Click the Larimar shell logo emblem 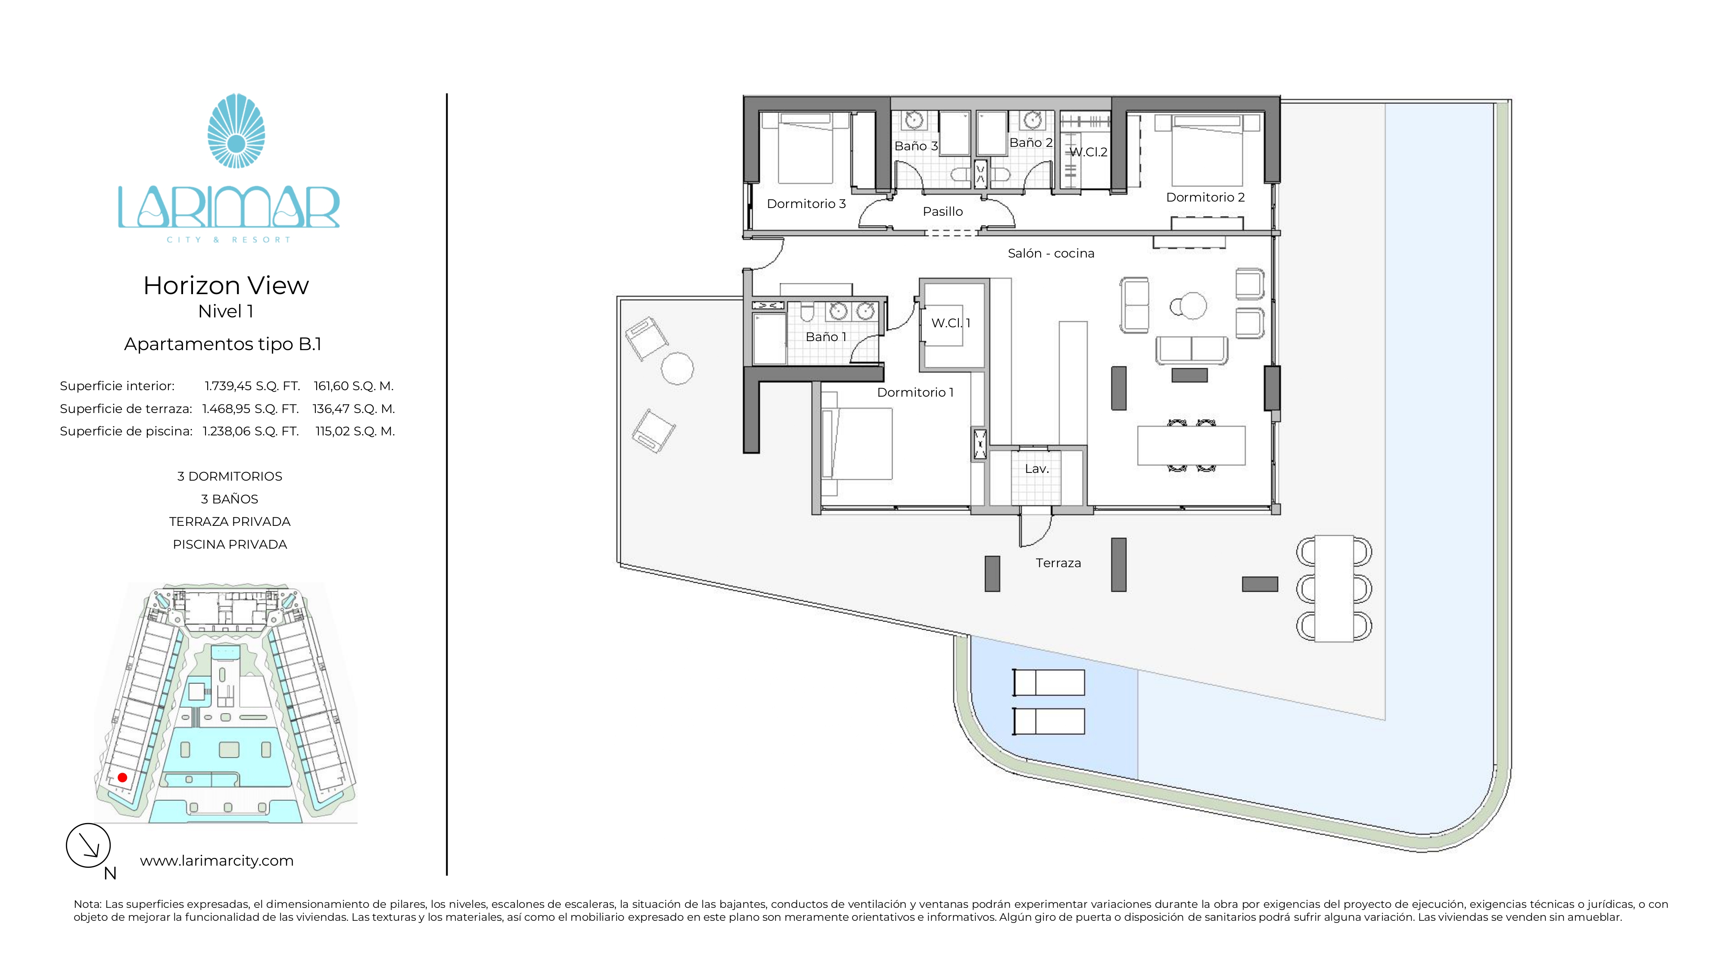[236, 130]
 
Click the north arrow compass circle [88, 845]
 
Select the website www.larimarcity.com [217, 860]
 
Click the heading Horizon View [226, 286]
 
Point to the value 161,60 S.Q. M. [354, 386]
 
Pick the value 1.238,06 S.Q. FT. [251, 432]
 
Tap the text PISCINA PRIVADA [230, 544]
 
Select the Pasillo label [943, 211]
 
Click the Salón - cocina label [1051, 254]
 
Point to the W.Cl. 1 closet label [951, 323]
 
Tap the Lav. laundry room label [1037, 469]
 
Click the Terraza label [1058, 563]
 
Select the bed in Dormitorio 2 [1207, 150]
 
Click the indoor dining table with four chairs [1191, 445]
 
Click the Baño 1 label [826, 337]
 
